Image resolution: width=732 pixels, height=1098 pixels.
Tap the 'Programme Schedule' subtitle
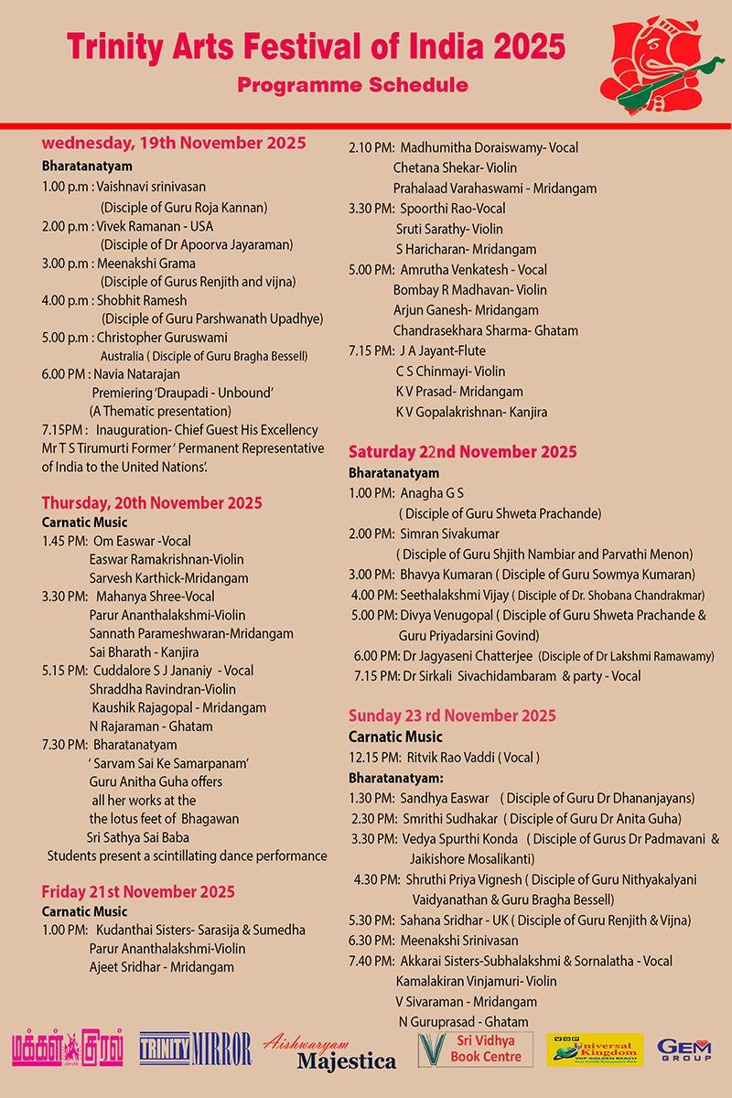352,85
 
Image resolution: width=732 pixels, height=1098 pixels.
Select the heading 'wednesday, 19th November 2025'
174,143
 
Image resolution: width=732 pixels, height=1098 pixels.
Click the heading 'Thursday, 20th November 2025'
152,501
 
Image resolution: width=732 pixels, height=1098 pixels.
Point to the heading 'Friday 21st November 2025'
138,891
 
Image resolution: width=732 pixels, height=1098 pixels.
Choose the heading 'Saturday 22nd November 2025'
463,452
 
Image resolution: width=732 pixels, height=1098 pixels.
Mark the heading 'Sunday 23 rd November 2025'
452,716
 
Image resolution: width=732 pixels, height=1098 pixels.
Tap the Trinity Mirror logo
195,1050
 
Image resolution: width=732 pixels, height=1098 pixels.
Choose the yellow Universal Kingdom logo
594,1050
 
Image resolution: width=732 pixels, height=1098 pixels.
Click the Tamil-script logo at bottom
68,1050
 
